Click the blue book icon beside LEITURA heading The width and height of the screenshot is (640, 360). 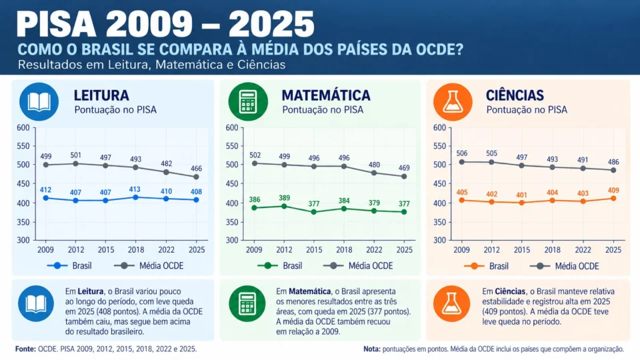coord(39,101)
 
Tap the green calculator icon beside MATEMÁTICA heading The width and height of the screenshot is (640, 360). coord(248,101)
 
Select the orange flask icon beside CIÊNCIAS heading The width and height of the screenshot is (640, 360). coord(453,101)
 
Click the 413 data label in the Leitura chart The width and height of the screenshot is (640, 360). coord(135,189)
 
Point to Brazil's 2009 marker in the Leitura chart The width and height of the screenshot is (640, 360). coord(46,198)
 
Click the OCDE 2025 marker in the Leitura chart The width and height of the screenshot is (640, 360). coord(196,177)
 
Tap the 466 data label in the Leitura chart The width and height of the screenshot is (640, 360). coord(196,168)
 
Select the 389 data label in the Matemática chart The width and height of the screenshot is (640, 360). coord(284,198)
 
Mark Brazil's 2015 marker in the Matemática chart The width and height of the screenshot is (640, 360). coord(313,212)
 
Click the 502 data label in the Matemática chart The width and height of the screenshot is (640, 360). coord(255,155)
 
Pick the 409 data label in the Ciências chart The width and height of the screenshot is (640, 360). coord(613,190)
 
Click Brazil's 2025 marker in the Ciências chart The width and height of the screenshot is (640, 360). coord(613,199)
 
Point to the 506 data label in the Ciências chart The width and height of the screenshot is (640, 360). coord(462,153)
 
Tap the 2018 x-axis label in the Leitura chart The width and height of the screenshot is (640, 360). coord(136,250)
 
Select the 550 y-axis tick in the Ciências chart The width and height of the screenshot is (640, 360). coord(439,146)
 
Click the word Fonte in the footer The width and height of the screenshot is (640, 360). coord(26,349)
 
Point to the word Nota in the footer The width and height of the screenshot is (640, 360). coord(372,349)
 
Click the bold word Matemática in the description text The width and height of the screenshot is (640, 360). coord(310,291)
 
